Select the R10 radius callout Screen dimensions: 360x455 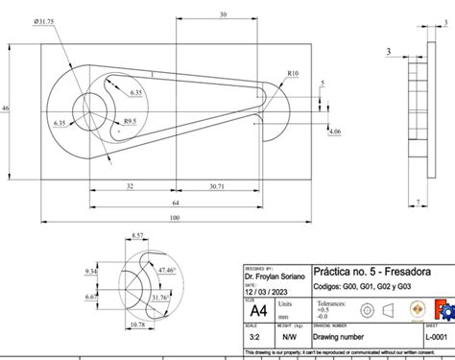pos(292,73)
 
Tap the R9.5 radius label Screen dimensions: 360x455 pos(129,121)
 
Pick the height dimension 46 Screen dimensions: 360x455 pos(6,109)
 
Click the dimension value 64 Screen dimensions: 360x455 pos(176,204)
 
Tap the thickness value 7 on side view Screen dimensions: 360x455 pos(419,202)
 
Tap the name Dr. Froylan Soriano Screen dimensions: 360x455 pos(275,276)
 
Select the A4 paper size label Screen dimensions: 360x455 pos(259,311)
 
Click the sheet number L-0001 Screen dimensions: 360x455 pos(437,339)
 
